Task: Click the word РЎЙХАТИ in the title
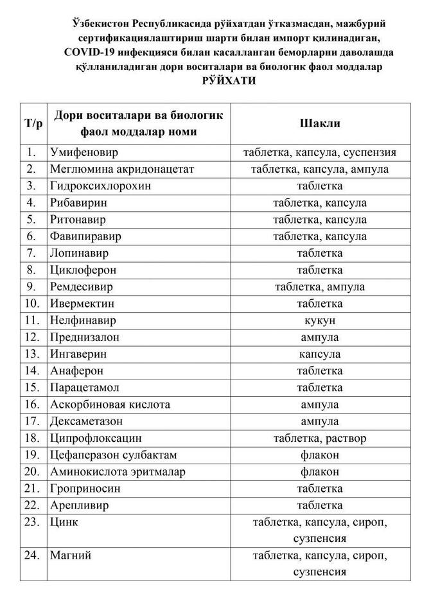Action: (x=228, y=82)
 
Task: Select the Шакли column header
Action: (x=319, y=123)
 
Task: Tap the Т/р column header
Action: (x=33, y=123)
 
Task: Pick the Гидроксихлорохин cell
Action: (x=98, y=186)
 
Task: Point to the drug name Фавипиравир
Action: (x=85, y=236)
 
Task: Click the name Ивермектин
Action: (x=82, y=303)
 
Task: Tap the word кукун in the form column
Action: (x=319, y=320)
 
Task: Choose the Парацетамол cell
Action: (x=84, y=388)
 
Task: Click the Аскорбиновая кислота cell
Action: (x=110, y=405)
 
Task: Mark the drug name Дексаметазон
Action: (x=86, y=421)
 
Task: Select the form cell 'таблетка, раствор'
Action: (x=319, y=439)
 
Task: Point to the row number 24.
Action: (x=33, y=553)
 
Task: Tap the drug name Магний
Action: (x=68, y=553)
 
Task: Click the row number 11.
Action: (x=33, y=320)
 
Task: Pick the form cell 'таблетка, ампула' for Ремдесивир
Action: (x=319, y=286)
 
